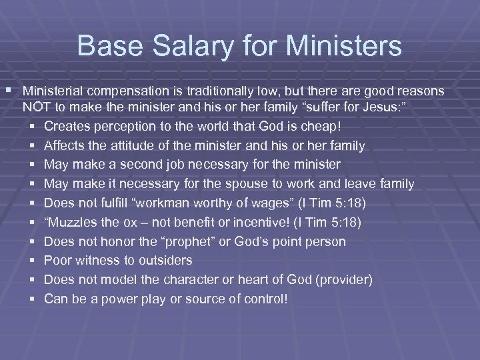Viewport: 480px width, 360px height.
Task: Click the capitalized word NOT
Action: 36,107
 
